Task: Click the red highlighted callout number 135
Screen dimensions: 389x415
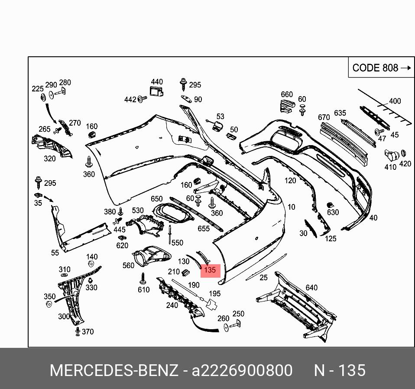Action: [210, 270]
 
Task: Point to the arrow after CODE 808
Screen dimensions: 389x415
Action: [405, 68]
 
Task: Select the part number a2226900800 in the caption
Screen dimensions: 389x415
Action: [242, 371]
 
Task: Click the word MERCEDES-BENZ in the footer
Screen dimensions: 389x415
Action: [114, 371]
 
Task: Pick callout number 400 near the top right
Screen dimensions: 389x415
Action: [395, 101]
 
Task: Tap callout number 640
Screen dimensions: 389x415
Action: [311, 287]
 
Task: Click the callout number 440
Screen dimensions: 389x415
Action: [157, 82]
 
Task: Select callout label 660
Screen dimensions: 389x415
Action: [287, 94]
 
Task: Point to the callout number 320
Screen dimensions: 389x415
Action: [50, 159]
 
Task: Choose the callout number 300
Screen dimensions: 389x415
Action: [64, 316]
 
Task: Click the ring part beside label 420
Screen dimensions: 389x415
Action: [403, 153]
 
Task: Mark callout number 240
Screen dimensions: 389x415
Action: [172, 305]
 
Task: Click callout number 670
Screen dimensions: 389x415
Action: [324, 117]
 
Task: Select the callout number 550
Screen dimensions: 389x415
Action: [177, 243]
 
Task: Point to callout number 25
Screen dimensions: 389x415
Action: [263, 278]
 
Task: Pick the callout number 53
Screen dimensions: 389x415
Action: [220, 117]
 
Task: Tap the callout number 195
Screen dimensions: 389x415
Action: [215, 293]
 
